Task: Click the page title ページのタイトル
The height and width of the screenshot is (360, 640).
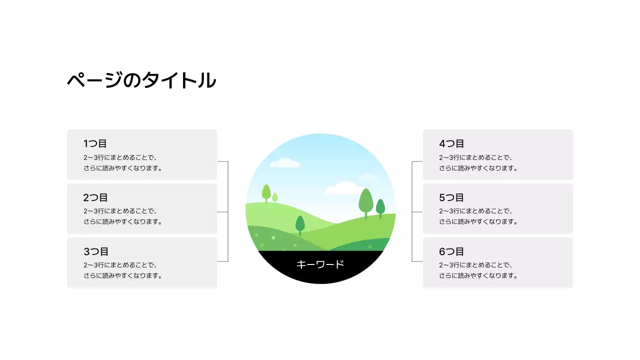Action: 141,80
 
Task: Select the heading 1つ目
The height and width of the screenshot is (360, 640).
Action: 95,144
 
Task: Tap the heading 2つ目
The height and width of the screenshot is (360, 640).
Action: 95,198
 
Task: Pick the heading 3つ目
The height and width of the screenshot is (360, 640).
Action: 95,252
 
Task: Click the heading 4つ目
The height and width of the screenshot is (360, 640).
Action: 451,144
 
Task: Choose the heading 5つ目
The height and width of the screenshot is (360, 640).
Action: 451,198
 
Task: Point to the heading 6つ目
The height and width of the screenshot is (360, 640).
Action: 451,252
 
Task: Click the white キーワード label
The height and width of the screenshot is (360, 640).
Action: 320,264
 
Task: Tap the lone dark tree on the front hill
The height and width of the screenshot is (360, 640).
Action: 300,224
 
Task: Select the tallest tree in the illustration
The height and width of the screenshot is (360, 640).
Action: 366,201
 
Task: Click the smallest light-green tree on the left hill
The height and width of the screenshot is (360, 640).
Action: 275,197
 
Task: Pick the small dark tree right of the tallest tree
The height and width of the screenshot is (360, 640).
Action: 380,207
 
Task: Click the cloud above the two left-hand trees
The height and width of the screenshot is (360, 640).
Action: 285,162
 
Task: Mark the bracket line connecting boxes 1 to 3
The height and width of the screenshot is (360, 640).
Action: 228,212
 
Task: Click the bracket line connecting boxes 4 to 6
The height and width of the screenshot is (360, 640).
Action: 412,212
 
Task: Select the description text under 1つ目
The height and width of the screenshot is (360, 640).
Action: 123,163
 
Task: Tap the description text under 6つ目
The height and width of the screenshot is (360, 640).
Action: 478,270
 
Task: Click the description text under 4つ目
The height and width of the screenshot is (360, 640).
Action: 478,163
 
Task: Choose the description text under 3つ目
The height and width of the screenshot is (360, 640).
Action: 123,270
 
